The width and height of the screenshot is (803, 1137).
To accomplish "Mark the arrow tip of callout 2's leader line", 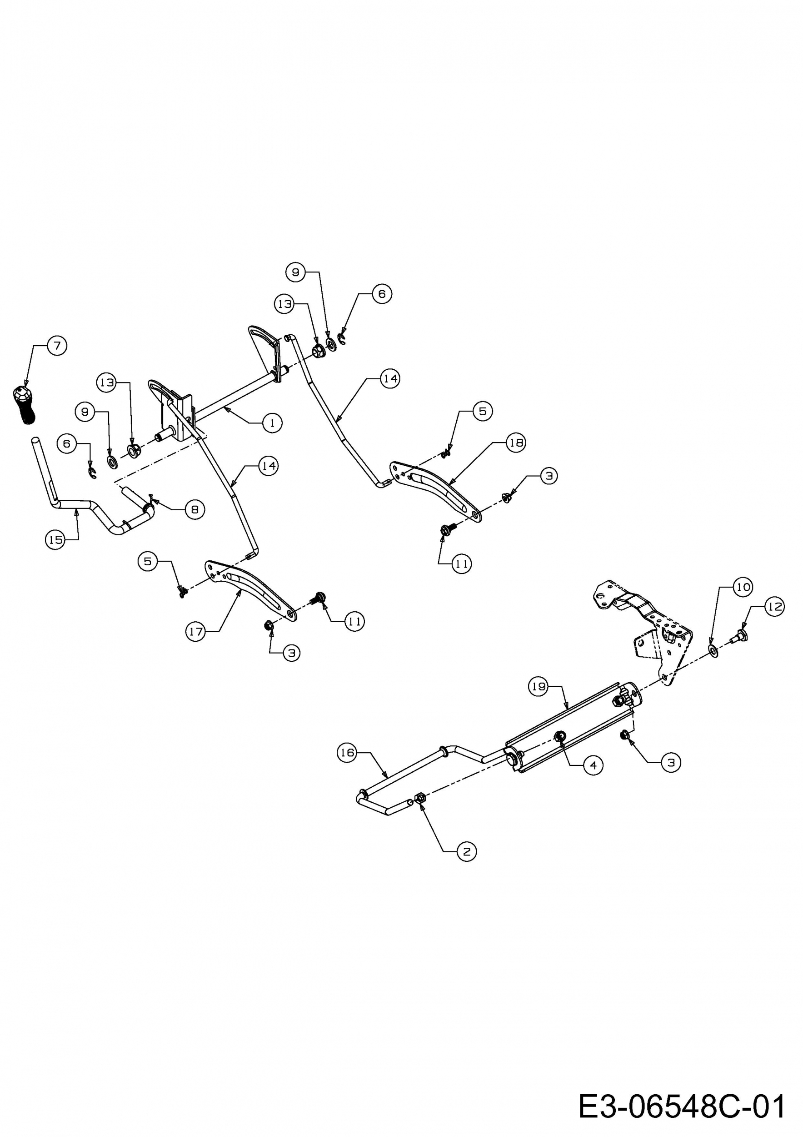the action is pos(421,803).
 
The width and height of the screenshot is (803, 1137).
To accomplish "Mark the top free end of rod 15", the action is pos(35,440).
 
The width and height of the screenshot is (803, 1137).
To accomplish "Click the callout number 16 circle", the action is pos(347,753).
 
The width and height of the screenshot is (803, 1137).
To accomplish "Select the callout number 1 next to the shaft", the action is pos(272,423).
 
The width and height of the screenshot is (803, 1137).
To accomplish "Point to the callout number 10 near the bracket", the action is pos(743,587).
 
